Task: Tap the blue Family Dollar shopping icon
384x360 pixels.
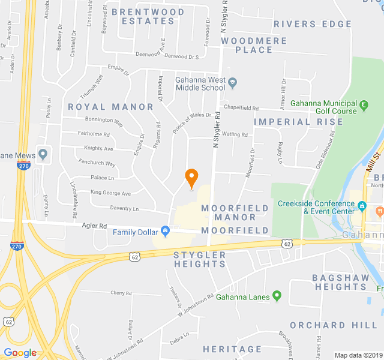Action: (165, 231)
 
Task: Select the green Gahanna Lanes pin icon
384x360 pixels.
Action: (277, 296)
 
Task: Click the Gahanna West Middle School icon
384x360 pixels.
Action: (233, 82)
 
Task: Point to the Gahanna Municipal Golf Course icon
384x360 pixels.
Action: (364, 107)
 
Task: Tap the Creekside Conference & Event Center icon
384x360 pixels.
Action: (362, 206)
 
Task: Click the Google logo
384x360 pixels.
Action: (20, 353)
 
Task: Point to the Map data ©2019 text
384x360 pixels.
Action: (358, 355)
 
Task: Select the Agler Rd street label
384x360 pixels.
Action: (94, 226)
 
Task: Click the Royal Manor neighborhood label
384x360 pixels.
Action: (110, 107)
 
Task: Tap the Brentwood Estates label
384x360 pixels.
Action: (148, 16)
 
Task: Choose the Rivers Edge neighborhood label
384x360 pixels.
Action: (312, 24)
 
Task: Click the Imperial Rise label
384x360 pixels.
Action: (298, 122)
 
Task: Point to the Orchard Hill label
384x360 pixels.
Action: (325, 325)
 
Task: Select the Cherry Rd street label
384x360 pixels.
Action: (121, 293)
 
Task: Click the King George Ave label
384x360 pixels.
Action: (110, 193)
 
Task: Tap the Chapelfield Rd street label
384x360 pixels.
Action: (241, 108)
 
